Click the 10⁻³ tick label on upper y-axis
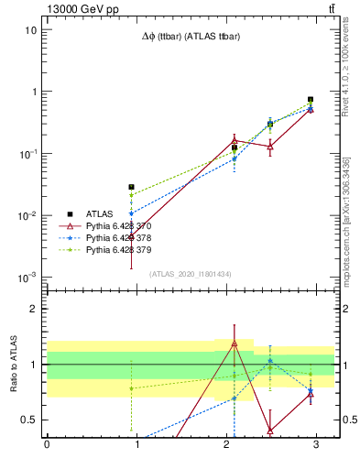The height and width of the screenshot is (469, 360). coord(27,278)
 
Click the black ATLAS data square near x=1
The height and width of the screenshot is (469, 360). coord(132,187)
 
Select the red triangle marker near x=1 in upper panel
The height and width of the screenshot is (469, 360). coord(132,236)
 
